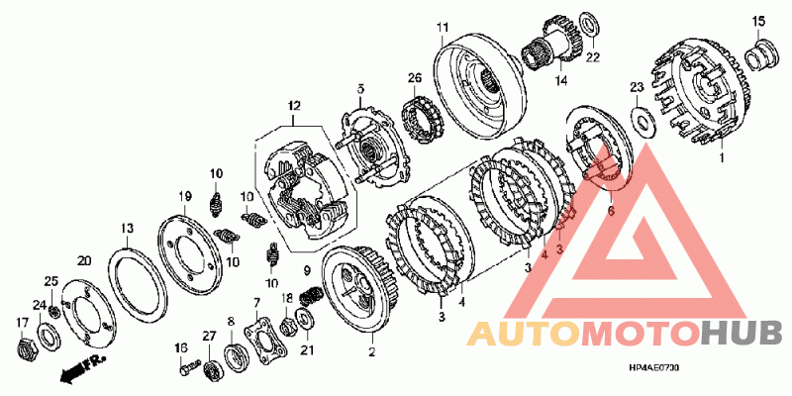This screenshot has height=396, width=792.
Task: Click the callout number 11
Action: [x=444, y=26]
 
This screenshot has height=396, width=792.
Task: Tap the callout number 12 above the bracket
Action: [x=293, y=106]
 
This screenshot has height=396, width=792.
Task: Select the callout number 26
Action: [x=415, y=77]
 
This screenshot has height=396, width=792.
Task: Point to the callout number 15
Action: [x=758, y=21]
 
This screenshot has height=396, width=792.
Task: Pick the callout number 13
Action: [x=127, y=229]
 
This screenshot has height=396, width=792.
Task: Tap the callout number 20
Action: [x=84, y=260]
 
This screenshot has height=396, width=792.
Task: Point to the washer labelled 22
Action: [x=586, y=23]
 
